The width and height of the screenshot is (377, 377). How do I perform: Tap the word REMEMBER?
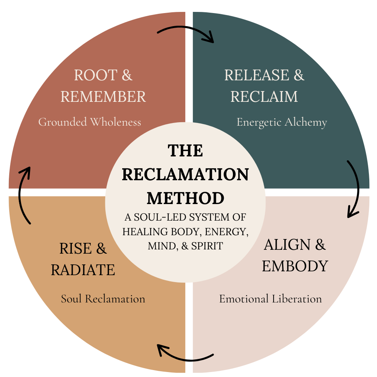pyautogui.click(x=103, y=96)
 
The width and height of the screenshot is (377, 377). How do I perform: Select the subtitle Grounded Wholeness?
pyautogui.click(x=90, y=122)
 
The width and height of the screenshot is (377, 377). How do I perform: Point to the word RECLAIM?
pyautogui.click(x=264, y=96)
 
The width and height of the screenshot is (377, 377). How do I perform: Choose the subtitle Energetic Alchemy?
pyautogui.click(x=282, y=122)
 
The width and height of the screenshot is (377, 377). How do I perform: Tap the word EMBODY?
pyautogui.click(x=295, y=266)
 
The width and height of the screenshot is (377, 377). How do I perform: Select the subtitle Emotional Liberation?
pyautogui.click(x=270, y=299)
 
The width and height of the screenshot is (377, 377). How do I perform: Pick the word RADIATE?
pyautogui.click(x=83, y=270)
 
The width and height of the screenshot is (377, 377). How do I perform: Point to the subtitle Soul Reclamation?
pyautogui.click(x=103, y=299)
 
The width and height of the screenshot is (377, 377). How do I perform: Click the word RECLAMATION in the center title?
pyautogui.click(x=185, y=174)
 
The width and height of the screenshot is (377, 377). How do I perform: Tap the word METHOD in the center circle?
pyautogui.click(x=185, y=198)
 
